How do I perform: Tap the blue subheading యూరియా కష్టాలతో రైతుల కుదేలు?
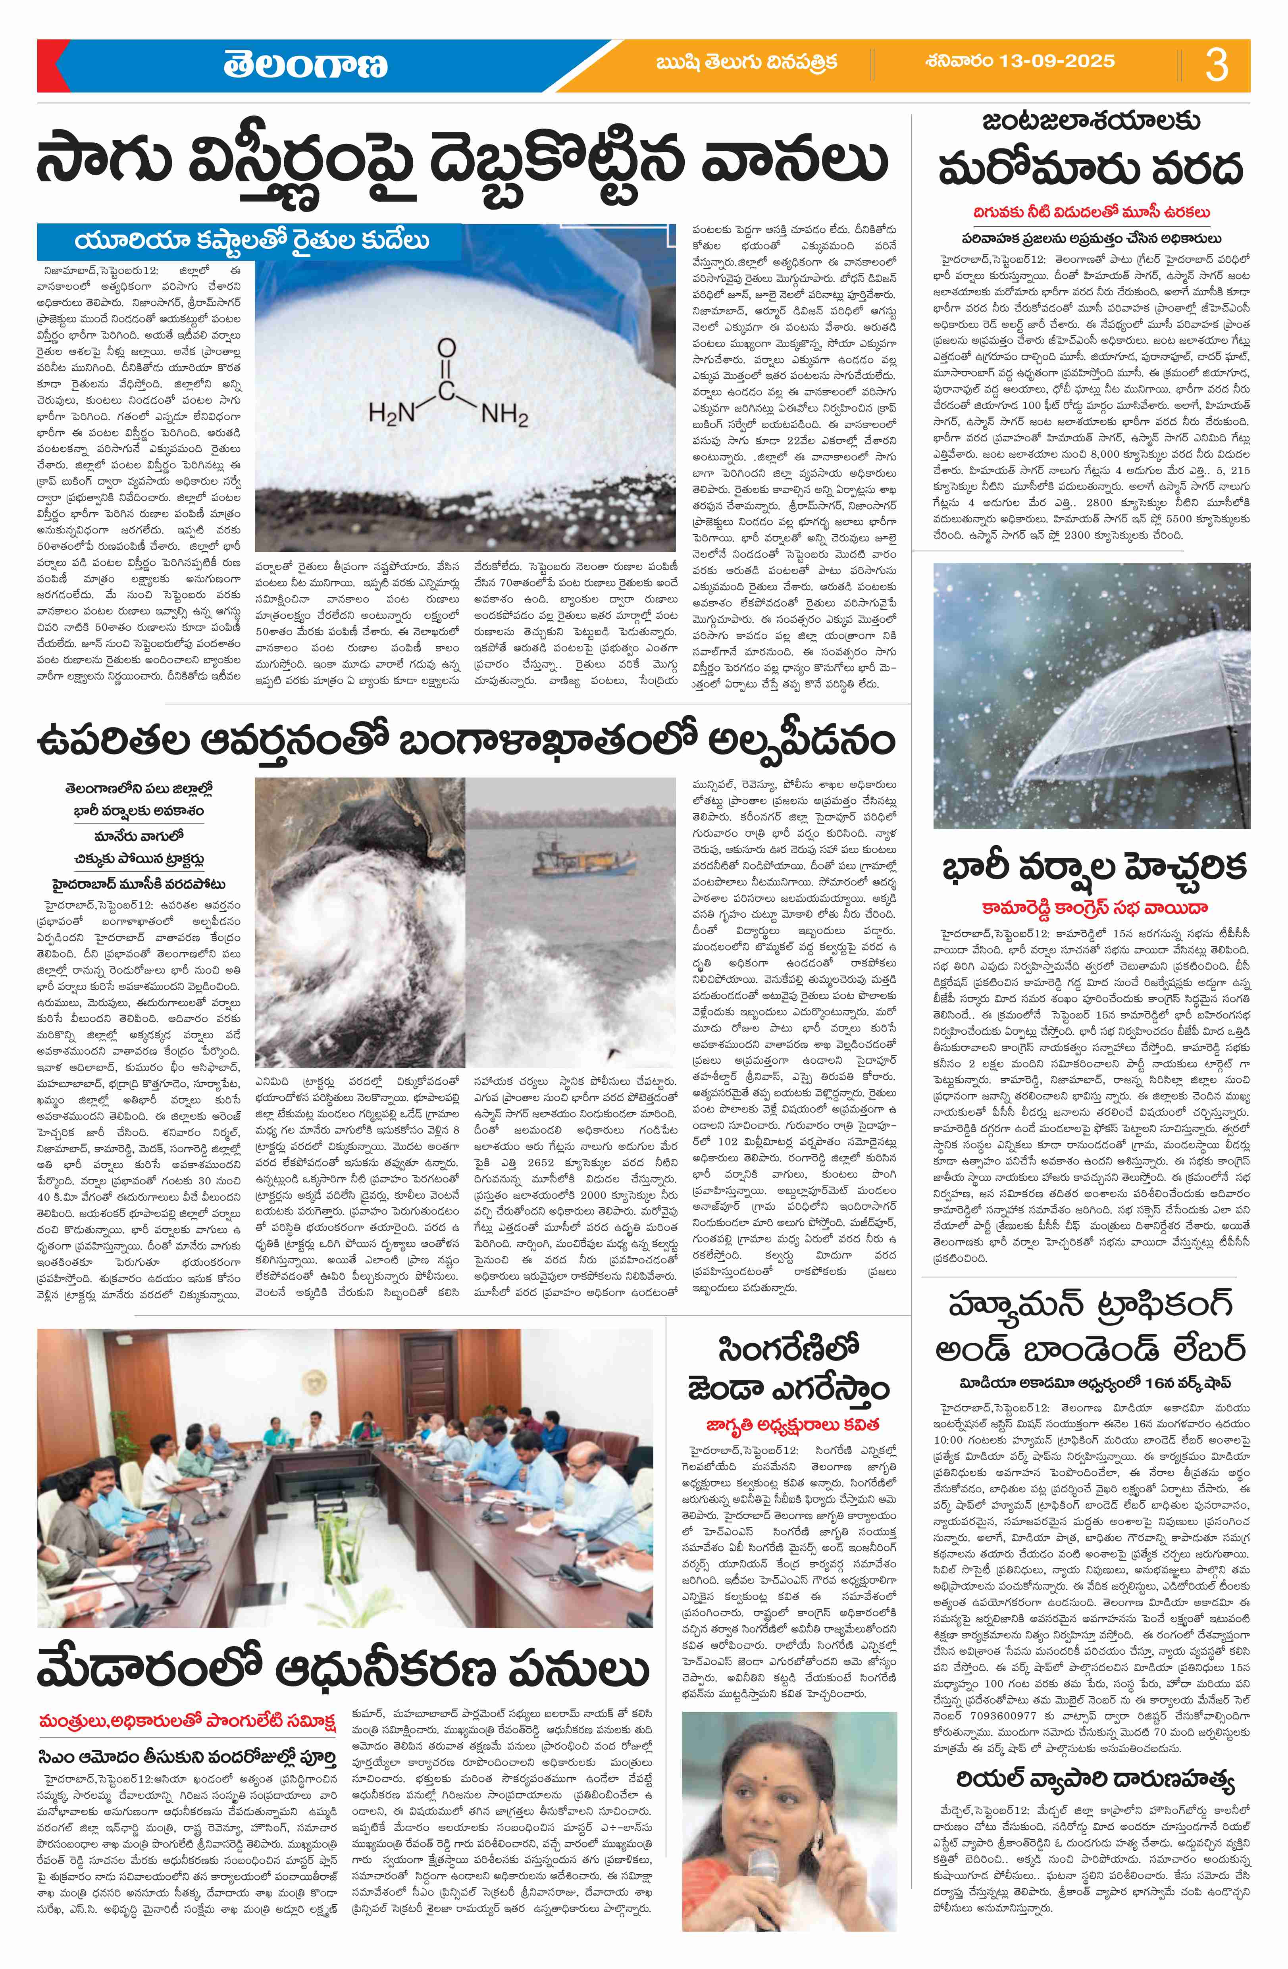tap(252, 242)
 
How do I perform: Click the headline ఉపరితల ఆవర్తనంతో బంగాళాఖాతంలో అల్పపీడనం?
tap(463, 739)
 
